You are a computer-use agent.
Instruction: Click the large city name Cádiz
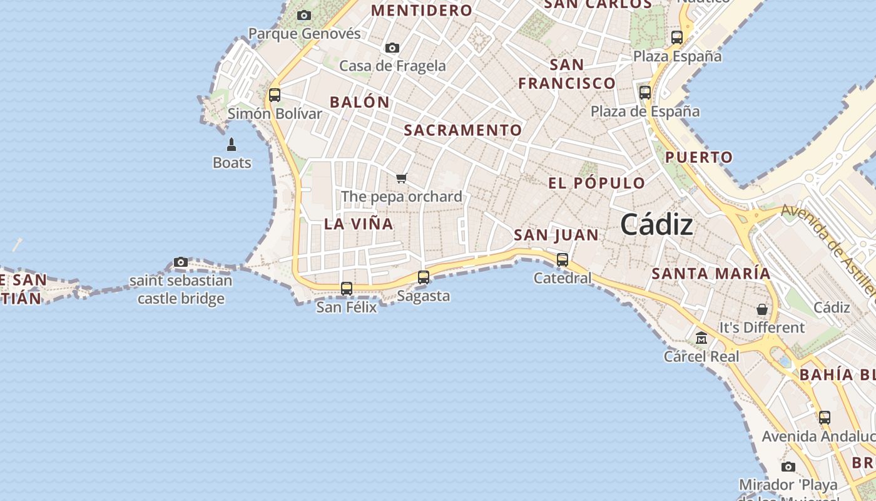[x=656, y=225]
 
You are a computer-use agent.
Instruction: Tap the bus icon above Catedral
[x=563, y=259]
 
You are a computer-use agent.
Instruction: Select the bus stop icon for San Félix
[x=347, y=289]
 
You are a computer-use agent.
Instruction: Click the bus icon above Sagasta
[x=424, y=277]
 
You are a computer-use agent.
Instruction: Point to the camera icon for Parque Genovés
[x=304, y=15]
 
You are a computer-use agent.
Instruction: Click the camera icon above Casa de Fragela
[x=392, y=48]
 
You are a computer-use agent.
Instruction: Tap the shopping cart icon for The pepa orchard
[x=402, y=178]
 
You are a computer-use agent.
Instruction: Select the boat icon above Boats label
[x=232, y=145]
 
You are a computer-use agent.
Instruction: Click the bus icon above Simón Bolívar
[x=275, y=95]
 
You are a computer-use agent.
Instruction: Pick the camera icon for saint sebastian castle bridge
[x=181, y=262]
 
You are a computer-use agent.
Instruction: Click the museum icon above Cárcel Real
[x=701, y=338]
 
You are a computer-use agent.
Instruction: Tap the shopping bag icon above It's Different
[x=762, y=309]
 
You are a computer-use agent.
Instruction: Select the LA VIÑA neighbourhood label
[x=359, y=224]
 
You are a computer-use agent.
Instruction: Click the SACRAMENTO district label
[x=462, y=130]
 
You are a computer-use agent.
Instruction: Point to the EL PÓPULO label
[x=596, y=183]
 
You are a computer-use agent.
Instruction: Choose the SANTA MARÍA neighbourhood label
[x=711, y=274]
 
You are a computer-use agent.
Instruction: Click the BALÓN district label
[x=360, y=102]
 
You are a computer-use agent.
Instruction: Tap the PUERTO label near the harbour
[x=698, y=157]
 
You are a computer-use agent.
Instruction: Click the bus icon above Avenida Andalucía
[x=825, y=418]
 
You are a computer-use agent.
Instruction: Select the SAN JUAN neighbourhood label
[x=556, y=235]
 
